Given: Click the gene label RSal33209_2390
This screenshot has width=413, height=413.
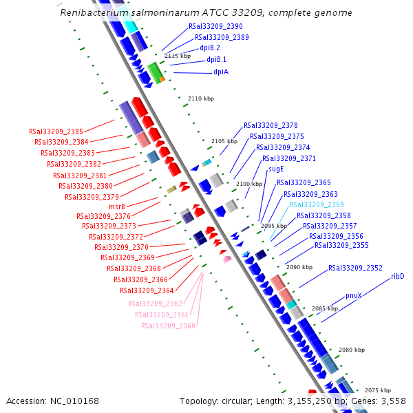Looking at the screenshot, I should point(215,26).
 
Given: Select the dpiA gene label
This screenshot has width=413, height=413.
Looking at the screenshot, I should point(221,72).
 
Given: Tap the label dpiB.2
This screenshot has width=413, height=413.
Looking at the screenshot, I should point(210,48).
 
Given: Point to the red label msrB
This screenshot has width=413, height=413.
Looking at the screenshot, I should point(117,206).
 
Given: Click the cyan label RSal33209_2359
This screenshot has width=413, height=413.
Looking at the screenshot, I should point(317,205).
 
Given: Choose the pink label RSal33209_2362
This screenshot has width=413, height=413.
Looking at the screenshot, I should point(155,304).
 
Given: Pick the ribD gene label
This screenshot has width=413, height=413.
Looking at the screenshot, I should point(397,276).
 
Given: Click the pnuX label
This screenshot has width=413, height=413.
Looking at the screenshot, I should point(354,295).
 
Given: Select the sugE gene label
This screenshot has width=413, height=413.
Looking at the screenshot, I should point(276,169).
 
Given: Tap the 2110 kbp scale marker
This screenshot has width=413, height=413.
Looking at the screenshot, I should point(200,99).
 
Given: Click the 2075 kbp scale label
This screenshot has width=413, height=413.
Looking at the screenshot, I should point(378,390).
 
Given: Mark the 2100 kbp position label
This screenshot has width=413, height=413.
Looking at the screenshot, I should point(249,184).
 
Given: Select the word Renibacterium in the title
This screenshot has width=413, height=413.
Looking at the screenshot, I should point(94,13).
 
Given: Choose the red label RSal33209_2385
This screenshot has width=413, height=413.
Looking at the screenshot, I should point(56,131).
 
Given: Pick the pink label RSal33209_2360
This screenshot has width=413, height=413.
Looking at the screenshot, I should point(168,326).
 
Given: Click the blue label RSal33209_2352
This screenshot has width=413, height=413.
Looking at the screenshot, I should point(355,268).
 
